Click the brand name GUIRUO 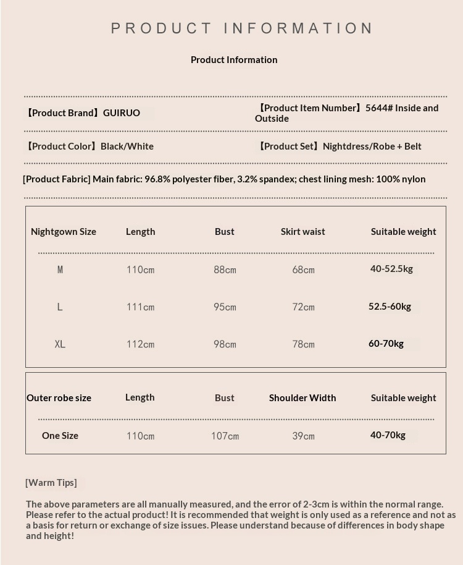click(122, 113)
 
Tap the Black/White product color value click(127, 147)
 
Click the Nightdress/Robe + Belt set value click(372, 147)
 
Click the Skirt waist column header click(302, 232)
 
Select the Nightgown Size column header click(64, 232)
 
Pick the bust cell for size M click(225, 270)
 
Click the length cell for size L click(140, 307)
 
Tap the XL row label click(60, 344)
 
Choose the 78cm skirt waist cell click(303, 344)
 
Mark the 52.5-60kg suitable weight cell click(390, 307)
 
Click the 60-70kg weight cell click(386, 344)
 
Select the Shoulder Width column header click(302, 398)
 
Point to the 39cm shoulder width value click(303, 436)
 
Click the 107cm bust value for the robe click(225, 436)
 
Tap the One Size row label click(60, 436)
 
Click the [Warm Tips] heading click(51, 483)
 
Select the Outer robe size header click(59, 398)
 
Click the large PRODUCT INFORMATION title click(242, 28)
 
